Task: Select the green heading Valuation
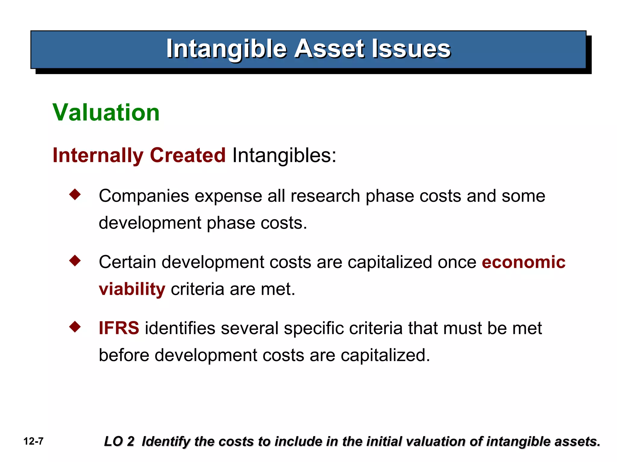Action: pyautogui.click(x=106, y=112)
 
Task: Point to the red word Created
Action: pyautogui.click(x=187, y=156)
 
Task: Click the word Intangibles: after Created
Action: pyautogui.click(x=284, y=156)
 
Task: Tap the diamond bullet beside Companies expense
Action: pyautogui.click(x=75, y=194)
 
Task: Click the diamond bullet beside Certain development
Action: pyautogui.click(x=75, y=260)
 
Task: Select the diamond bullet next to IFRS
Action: pyautogui.click(x=75, y=327)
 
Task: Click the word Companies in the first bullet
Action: pyautogui.click(x=144, y=196)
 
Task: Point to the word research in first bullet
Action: pyautogui.click(x=325, y=196)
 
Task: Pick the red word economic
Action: pyautogui.click(x=523, y=262)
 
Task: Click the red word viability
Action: pyautogui.click(x=132, y=289)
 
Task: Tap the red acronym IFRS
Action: pyautogui.click(x=119, y=328)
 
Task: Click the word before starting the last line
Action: pyautogui.click(x=124, y=355)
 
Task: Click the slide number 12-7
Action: pyautogui.click(x=33, y=442)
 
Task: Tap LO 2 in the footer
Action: pyautogui.click(x=119, y=442)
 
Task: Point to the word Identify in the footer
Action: pyautogui.click(x=166, y=442)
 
